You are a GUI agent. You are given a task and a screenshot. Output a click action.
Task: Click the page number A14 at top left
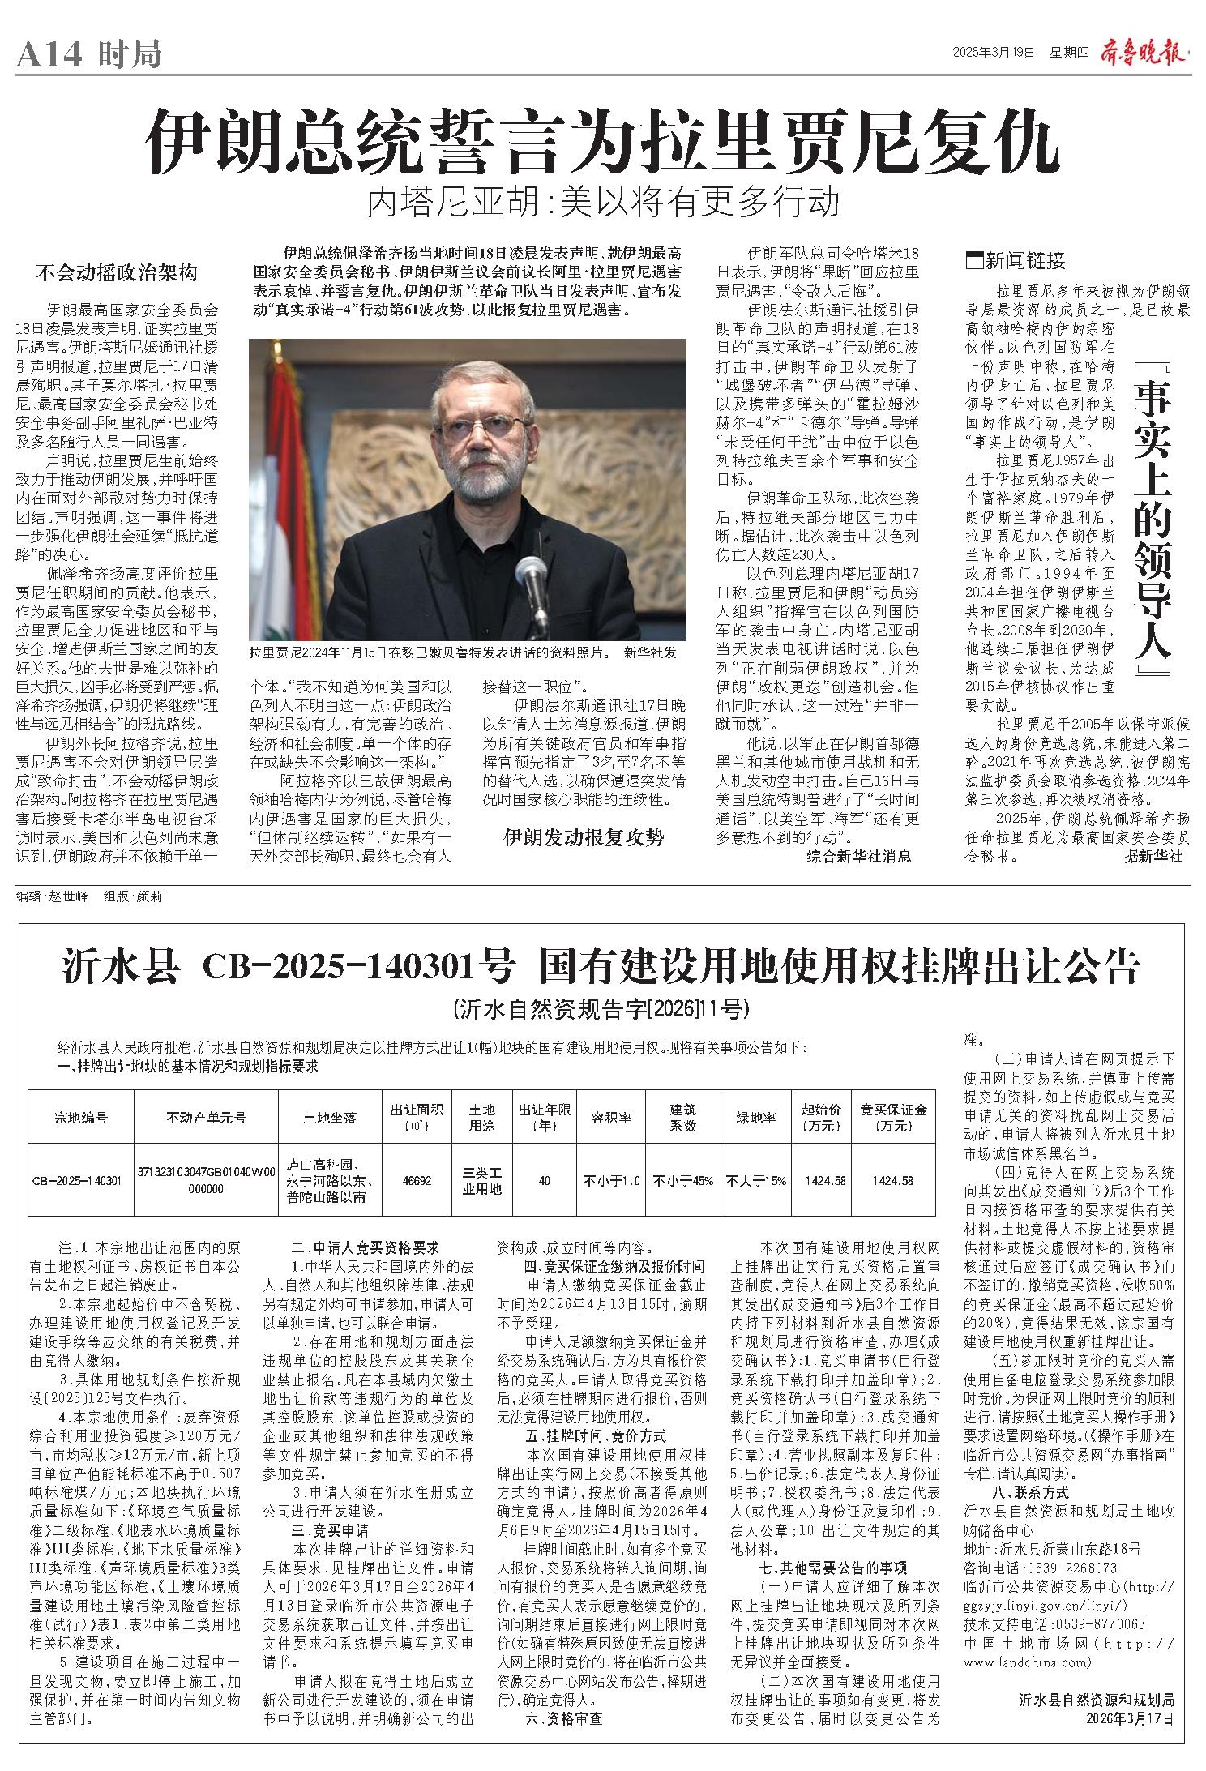pos(50,55)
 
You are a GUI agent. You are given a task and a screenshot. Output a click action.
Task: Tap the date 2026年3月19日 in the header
pos(994,53)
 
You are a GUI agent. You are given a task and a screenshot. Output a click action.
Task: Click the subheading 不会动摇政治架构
pos(117,272)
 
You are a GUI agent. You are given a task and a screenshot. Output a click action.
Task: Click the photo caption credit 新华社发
pos(649,652)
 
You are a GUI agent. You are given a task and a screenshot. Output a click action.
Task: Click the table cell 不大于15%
pos(755,1181)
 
